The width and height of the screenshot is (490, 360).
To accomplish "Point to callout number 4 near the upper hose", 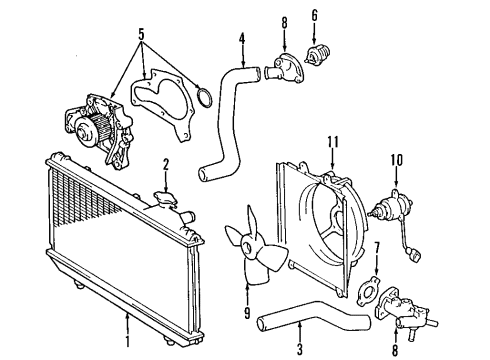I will [242, 42].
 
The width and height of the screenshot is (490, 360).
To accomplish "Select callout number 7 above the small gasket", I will [376, 247].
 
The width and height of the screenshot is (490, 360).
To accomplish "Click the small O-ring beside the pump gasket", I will [202, 98].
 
